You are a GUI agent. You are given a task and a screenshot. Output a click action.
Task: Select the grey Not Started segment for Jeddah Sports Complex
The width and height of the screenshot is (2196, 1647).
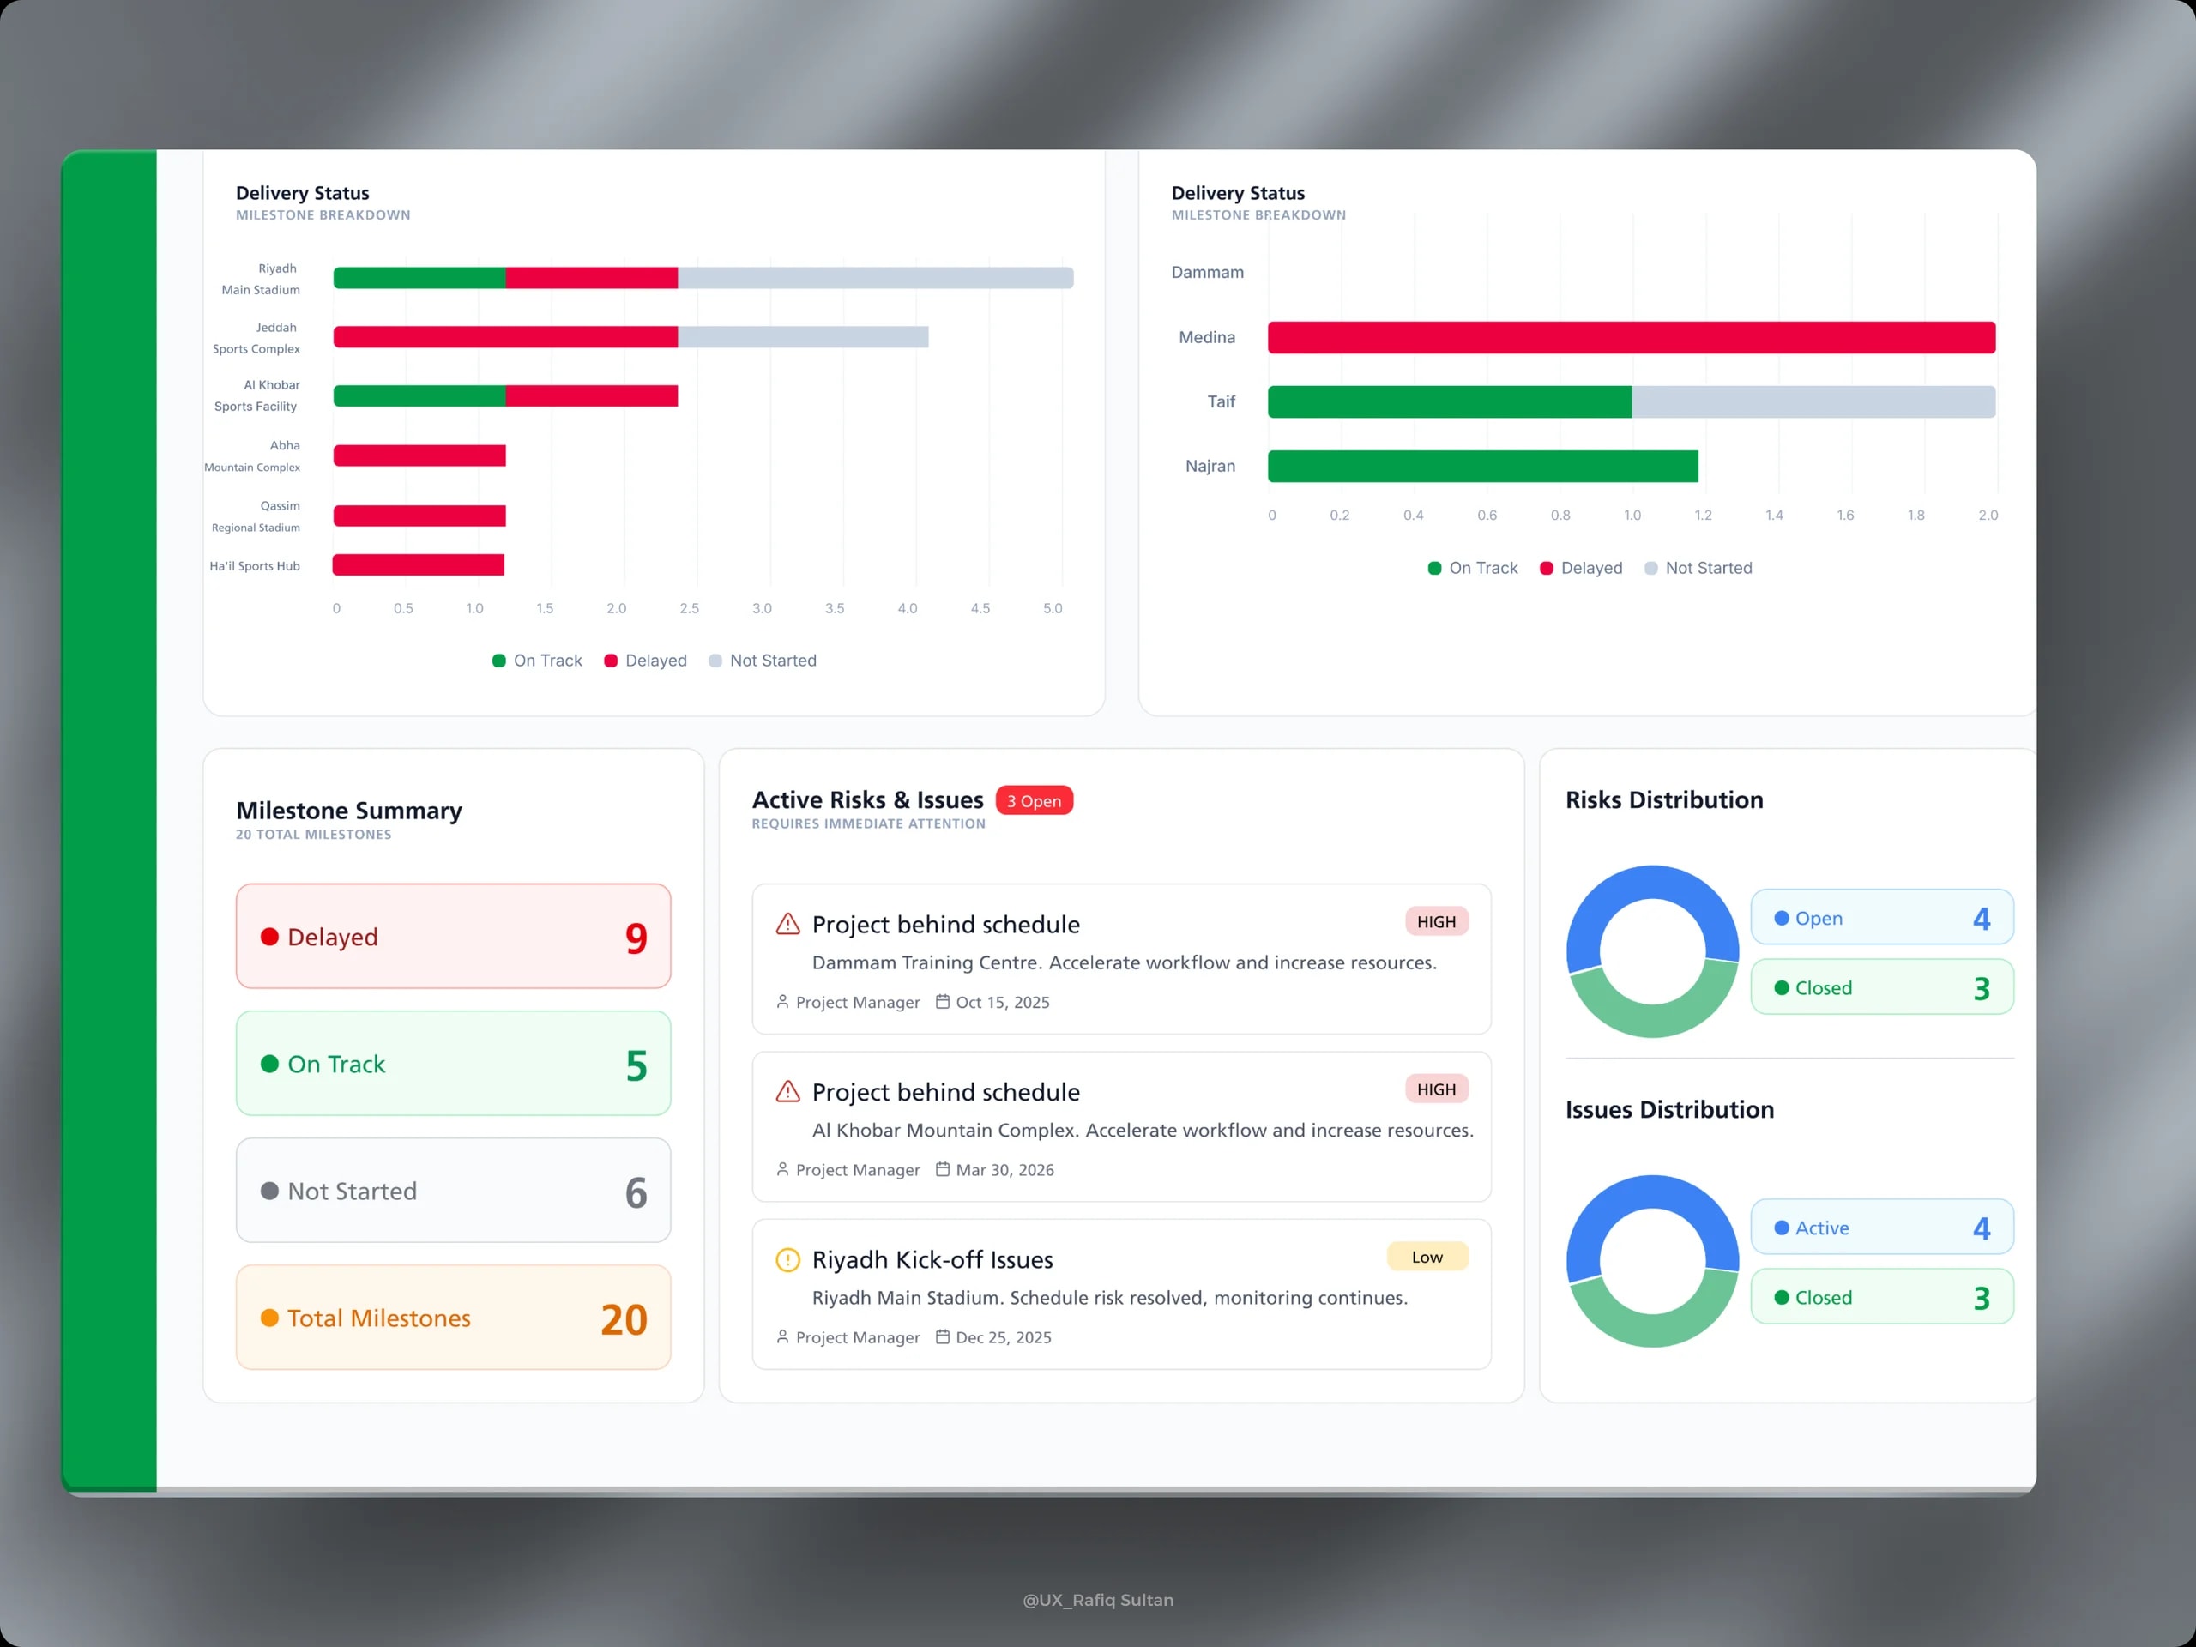click(803, 337)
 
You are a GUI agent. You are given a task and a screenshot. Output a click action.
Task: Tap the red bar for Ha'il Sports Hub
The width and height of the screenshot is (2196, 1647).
click(418, 565)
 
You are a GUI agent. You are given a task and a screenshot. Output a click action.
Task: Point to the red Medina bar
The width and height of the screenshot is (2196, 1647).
click(1631, 337)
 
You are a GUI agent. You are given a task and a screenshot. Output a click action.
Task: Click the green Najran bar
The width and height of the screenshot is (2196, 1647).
click(1483, 467)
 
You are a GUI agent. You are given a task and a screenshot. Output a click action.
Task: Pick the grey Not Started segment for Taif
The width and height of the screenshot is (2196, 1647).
click(1813, 402)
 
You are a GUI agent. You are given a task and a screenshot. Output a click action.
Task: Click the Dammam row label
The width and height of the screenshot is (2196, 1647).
click(1207, 272)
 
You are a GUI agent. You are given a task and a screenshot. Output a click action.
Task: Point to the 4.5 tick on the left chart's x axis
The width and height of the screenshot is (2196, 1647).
click(980, 608)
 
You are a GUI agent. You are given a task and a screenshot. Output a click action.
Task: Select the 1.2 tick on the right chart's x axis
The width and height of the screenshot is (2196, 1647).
click(1703, 516)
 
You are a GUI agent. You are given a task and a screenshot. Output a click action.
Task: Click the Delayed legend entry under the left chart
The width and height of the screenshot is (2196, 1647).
click(645, 661)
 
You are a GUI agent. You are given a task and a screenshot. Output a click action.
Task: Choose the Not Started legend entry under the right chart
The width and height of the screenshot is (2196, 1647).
click(1698, 568)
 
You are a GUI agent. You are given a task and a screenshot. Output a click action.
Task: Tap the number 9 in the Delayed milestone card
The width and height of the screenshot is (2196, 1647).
click(636, 938)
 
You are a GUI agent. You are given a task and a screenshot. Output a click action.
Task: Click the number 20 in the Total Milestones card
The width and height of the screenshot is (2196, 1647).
click(624, 1319)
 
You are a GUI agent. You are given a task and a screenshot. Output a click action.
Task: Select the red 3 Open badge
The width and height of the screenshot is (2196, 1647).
click(1034, 801)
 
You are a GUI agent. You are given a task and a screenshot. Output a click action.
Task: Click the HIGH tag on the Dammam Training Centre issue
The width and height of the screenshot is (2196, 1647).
click(1435, 922)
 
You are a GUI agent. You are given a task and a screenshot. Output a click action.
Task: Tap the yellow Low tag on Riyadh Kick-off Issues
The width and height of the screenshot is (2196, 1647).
click(1427, 1257)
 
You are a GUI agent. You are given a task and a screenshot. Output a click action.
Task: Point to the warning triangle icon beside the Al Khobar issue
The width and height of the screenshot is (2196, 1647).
click(787, 1092)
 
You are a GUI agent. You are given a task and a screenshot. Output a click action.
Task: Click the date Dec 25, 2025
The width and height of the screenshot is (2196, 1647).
click(1003, 1337)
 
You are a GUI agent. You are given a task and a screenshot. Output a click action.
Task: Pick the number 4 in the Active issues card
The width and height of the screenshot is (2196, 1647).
click(1981, 1229)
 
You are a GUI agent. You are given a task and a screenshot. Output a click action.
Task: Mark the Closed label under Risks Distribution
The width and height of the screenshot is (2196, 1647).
click(1823, 988)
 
